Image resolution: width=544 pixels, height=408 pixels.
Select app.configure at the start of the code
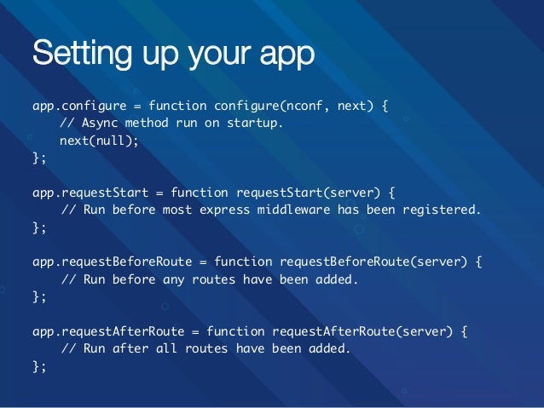coord(78,106)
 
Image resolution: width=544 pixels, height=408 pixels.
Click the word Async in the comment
coord(101,123)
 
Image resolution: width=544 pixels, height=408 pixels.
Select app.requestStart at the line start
coord(90,192)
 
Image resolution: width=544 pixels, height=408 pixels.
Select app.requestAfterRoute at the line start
coord(107,331)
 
